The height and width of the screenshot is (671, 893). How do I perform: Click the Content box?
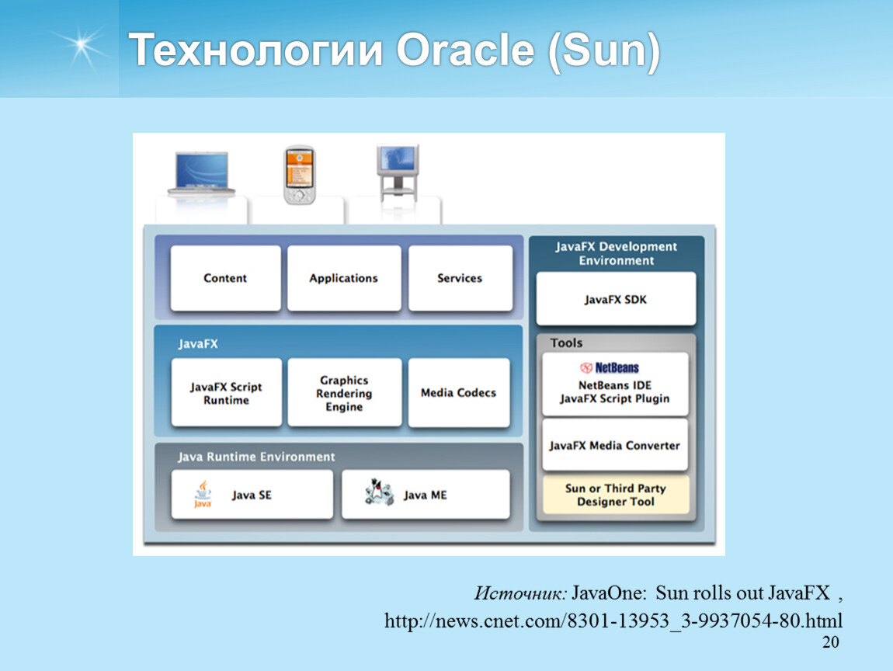click(x=225, y=278)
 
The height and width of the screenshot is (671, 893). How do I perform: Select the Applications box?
click(x=344, y=278)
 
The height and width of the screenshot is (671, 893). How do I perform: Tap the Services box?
click(x=460, y=278)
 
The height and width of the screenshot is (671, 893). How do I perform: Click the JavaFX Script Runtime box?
click(x=226, y=392)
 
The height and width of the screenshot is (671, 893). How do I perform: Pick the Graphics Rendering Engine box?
click(x=345, y=392)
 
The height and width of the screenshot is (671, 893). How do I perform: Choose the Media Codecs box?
click(x=459, y=392)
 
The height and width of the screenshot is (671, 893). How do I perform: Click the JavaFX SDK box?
click(x=616, y=299)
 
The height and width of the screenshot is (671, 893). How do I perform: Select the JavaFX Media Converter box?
click(x=615, y=445)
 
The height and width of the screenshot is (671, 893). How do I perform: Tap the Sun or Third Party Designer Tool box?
click(x=616, y=495)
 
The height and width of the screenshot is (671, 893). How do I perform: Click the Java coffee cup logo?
click(x=203, y=494)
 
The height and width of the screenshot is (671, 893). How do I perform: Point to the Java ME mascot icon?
click(x=379, y=492)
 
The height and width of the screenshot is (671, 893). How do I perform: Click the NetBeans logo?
click(x=610, y=367)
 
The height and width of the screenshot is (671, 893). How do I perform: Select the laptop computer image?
click(x=201, y=174)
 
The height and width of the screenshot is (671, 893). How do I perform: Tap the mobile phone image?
click(x=300, y=175)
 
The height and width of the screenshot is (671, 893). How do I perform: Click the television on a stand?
click(x=398, y=173)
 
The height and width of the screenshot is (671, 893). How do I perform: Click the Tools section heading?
click(x=566, y=343)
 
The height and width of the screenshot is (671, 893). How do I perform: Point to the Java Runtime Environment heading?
click(x=256, y=457)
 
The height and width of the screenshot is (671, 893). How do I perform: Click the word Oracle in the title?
click(x=465, y=50)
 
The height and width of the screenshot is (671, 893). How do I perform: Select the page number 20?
click(x=830, y=642)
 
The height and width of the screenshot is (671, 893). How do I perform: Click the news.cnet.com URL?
click(x=613, y=621)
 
